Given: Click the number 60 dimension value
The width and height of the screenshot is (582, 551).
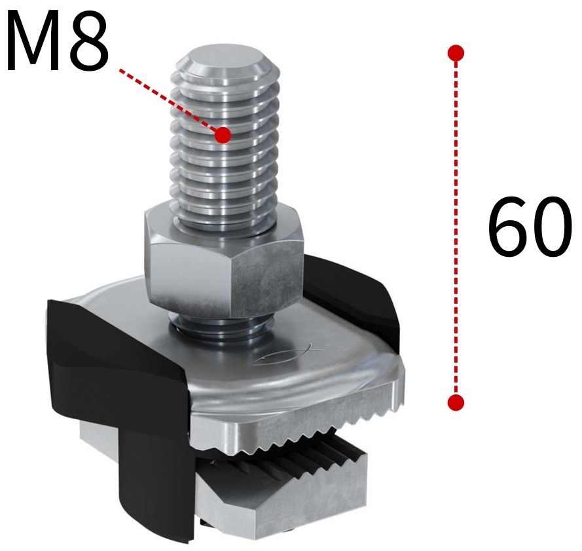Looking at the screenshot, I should coord(529,226).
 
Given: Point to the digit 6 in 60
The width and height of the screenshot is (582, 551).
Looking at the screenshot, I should coord(507,227).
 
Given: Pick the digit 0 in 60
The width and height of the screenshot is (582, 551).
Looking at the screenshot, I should coord(551,227).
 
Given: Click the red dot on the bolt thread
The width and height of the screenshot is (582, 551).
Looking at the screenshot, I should coord(223,135).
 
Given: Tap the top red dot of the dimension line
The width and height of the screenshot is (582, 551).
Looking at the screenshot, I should coord(457,52).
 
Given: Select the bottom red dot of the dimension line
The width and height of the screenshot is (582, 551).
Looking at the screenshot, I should coord(457,402).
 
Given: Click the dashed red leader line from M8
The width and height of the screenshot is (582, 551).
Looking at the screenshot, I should coord(170,102).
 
